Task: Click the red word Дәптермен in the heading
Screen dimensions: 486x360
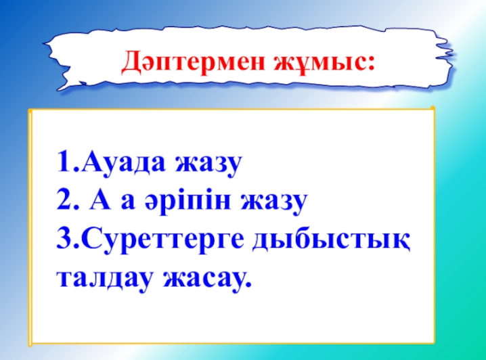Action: pos(193,61)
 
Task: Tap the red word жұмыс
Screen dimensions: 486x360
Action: pos(319,61)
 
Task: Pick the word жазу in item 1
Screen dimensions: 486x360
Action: pos(208,165)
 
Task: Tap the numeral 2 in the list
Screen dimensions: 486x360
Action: pos(64,200)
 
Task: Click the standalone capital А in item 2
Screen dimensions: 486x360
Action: pos(100,200)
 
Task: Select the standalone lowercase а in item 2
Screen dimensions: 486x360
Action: pos(128,202)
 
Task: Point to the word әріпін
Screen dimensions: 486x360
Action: pos(188,202)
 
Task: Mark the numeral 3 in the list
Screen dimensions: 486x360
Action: pos(64,239)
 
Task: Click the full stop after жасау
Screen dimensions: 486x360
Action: pos(247,284)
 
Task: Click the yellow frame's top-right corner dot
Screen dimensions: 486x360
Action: pos(433,108)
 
